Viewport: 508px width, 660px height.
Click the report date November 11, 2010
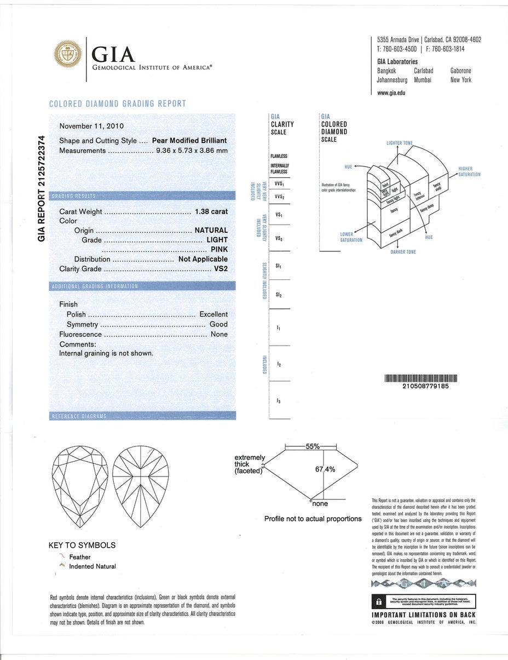[91, 126]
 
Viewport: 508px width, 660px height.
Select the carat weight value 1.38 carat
[211, 211]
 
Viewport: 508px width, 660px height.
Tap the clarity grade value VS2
[221, 269]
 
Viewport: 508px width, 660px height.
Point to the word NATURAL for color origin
[211, 231]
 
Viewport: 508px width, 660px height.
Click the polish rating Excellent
[213, 314]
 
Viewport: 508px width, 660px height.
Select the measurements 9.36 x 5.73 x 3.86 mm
[192, 151]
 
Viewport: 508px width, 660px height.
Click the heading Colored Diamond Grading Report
[118, 104]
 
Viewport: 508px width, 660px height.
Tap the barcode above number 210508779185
[421, 378]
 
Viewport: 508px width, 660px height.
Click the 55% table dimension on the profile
[313, 446]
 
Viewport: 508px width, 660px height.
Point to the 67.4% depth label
[325, 469]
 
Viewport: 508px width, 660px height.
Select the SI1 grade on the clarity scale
[279, 266]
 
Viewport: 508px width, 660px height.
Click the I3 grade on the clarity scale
[279, 401]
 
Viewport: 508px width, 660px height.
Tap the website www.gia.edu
[391, 93]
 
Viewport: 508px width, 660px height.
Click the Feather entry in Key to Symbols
[80, 557]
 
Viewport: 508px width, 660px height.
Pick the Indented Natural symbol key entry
[93, 566]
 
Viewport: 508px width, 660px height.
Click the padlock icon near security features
[377, 601]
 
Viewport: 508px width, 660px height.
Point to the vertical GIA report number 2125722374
[42, 190]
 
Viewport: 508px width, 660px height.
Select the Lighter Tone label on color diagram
[400, 143]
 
